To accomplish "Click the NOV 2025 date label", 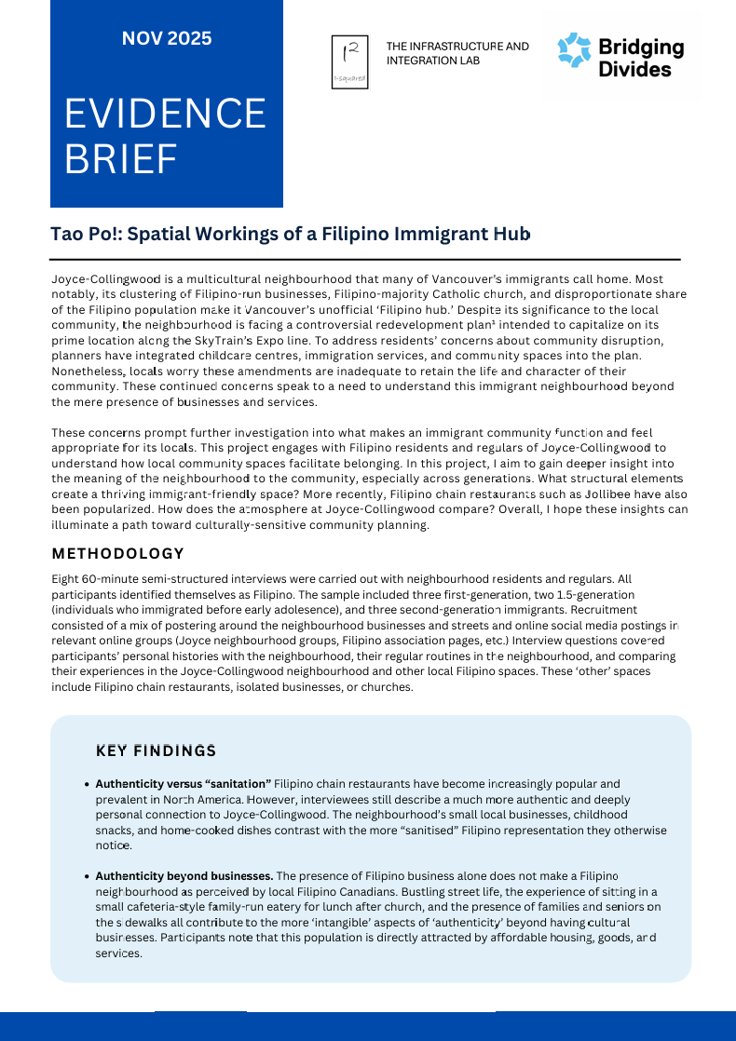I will pos(167,39).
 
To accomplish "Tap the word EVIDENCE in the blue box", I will pos(165,114).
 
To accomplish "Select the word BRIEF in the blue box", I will pos(120,159).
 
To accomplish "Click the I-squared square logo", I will pos(349,62).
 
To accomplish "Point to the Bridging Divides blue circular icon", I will pos(574,50).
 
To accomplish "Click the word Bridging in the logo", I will pos(640,47).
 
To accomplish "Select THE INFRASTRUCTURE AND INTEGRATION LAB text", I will pos(457,52).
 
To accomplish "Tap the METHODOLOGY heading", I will pos(117,554).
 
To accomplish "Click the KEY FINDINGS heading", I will pos(156,750).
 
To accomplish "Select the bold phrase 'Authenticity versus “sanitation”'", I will pos(183,784).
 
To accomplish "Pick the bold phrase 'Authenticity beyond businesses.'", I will pos(184,876).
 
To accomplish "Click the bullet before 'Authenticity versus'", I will pos(87,785).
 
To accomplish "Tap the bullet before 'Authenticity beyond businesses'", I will pos(87,877).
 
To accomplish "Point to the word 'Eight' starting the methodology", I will pos(67,579).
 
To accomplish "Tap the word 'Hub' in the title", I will pos(514,234).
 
